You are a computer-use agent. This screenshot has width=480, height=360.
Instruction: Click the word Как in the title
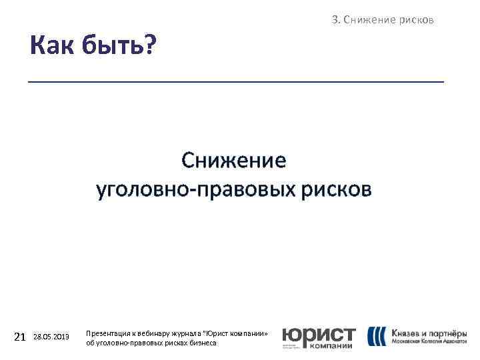53,47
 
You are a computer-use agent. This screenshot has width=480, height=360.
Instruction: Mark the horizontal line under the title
235,81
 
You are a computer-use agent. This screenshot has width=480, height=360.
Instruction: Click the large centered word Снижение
234,161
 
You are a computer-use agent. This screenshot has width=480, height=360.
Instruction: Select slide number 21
19,337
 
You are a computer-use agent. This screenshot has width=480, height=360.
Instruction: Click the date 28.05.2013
51,337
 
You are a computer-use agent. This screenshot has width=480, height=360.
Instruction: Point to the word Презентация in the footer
108,333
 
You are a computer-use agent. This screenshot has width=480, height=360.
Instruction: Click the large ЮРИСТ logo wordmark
319,334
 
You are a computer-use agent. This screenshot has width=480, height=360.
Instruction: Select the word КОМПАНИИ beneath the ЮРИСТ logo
333,345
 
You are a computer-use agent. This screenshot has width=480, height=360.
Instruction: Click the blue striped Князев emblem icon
376,336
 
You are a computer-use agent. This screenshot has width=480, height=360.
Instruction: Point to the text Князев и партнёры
429,333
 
